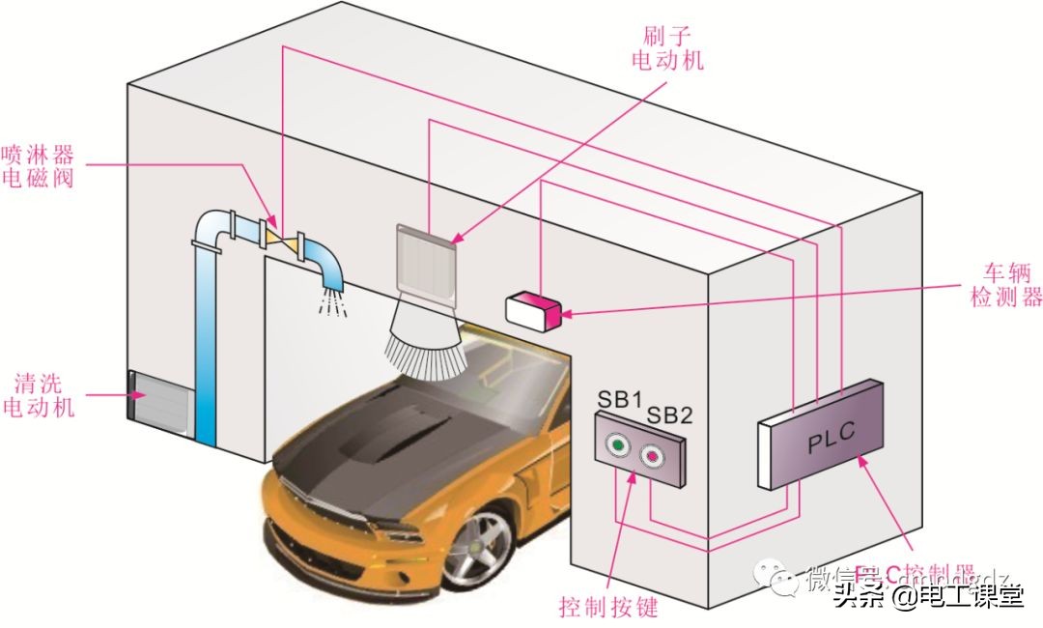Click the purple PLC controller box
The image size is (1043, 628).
click(827, 434)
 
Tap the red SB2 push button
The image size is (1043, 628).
click(653, 455)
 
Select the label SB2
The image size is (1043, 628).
click(669, 415)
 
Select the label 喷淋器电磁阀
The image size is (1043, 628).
click(38, 165)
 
